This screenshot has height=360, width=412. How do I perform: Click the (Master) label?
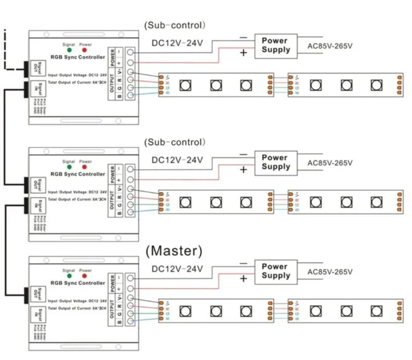174,251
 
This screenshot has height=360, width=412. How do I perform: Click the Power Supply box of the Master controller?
276,271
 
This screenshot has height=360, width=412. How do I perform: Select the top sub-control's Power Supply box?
276,45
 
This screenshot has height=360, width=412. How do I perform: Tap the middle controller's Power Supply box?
276,162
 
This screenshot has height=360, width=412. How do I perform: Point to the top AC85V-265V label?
329,46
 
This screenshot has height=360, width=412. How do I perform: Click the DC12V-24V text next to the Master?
177,268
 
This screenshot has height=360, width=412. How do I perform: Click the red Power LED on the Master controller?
85,277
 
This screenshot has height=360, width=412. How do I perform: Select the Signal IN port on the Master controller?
35,316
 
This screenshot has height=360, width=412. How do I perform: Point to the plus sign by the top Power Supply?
243,53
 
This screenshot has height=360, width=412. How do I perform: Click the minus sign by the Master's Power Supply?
243,263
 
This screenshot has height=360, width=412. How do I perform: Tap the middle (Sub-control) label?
174,142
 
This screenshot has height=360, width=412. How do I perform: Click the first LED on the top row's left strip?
185,85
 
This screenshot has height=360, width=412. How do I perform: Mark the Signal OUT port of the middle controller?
35,183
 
